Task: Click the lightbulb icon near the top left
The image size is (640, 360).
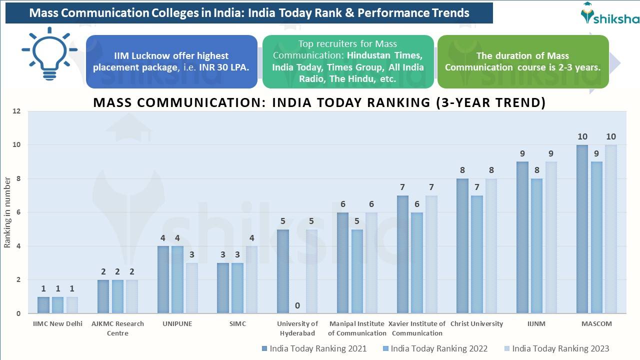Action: (49, 54)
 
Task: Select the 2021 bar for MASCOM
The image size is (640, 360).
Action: (582, 229)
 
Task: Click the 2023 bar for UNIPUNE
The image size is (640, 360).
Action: (192, 288)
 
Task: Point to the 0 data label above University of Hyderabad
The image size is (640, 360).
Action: (297, 305)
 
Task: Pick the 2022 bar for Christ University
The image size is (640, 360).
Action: (476, 254)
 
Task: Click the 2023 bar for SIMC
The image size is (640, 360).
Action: (251, 279)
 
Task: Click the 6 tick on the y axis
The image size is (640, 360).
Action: (18, 212)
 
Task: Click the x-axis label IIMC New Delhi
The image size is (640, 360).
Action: (58, 324)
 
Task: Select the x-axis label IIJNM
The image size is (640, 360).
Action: (536, 324)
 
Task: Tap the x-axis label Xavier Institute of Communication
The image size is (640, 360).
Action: (416, 328)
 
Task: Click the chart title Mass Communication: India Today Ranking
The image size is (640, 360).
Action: (319, 102)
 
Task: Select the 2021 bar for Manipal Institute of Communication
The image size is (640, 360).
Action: (342, 263)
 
